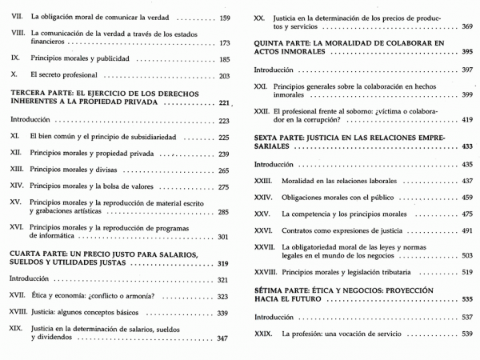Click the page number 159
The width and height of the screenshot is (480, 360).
click(224, 18)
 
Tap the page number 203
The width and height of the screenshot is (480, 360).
click(224, 76)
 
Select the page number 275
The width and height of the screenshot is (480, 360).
click(224, 187)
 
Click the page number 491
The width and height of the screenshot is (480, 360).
click(467, 231)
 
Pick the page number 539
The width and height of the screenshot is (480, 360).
click(467, 334)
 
